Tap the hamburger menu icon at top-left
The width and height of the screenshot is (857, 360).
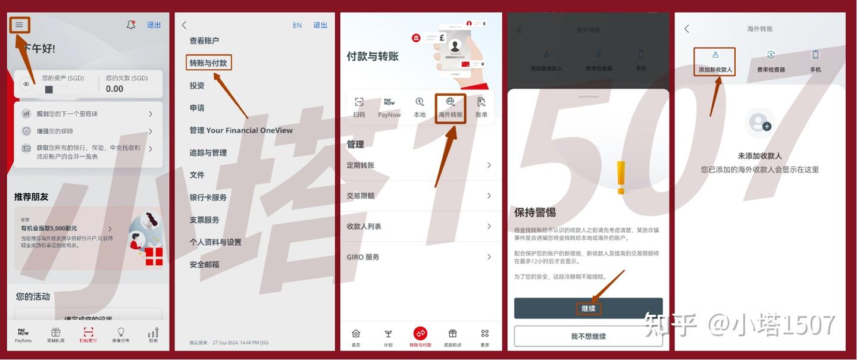click(x=20, y=25)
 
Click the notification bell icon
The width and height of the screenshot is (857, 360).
click(x=131, y=25)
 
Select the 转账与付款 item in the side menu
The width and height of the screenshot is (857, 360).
click(x=208, y=62)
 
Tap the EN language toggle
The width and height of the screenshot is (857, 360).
click(x=297, y=25)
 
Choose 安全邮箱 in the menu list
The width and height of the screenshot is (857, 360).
click(x=204, y=264)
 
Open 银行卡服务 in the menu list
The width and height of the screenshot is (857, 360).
click(x=208, y=197)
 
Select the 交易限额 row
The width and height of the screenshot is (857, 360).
click(x=420, y=196)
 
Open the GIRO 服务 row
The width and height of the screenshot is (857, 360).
click(x=420, y=257)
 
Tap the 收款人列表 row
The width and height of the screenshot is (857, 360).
click(x=420, y=226)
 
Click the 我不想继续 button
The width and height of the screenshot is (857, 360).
click(x=588, y=336)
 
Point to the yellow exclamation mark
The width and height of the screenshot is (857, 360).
click(x=621, y=177)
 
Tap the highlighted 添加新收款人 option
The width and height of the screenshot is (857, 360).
click(x=715, y=62)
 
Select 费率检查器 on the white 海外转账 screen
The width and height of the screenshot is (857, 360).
click(x=771, y=62)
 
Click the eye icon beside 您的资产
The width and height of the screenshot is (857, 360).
click(x=26, y=84)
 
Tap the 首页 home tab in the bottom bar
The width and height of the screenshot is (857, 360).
click(x=356, y=337)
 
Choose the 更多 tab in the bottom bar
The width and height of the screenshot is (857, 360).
click(x=484, y=337)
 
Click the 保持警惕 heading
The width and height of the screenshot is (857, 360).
click(x=534, y=212)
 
